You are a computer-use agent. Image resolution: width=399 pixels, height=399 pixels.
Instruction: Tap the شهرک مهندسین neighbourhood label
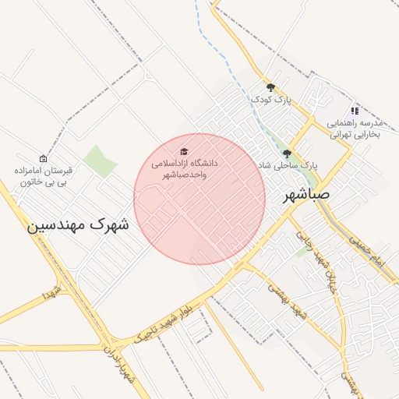[x=79, y=224]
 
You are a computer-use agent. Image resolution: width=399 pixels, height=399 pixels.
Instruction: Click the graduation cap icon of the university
[x=184, y=152]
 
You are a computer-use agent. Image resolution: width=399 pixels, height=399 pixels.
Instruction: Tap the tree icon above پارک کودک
[x=270, y=87]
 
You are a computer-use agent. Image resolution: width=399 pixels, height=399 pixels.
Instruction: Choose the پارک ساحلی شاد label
[x=288, y=165]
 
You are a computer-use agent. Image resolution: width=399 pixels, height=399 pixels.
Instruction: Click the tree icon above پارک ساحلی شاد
[x=288, y=154]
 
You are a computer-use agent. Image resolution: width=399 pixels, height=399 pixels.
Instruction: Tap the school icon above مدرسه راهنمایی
[x=355, y=111]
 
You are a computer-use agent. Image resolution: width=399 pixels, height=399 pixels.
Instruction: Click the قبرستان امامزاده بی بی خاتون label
[x=43, y=175]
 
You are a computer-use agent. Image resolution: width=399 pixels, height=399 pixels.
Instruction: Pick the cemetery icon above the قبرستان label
[x=43, y=158]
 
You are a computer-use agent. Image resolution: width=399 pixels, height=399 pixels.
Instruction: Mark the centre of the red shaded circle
[x=199, y=199]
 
